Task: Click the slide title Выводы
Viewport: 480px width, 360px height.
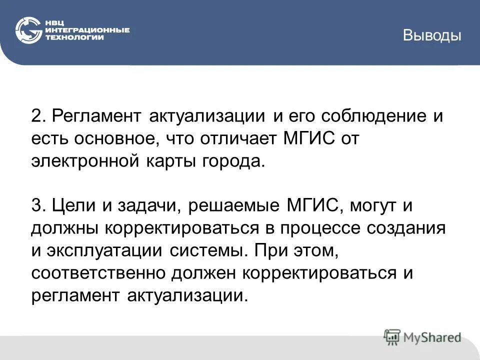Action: pos(432,35)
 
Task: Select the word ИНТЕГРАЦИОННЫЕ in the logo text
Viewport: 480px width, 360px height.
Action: pos(87,30)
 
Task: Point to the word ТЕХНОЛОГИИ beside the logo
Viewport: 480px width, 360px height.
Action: pos(74,37)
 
